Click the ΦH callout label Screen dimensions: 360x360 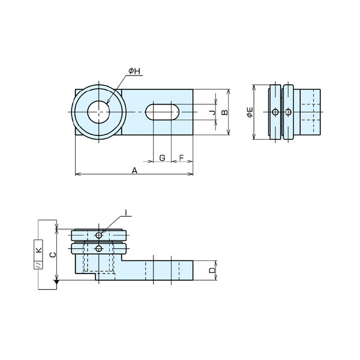(x=134, y=71)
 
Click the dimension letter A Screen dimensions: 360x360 (x=134, y=170)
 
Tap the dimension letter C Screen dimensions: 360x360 (x=53, y=254)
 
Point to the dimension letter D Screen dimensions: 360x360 (x=212, y=270)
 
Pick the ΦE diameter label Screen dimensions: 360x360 (x=250, y=112)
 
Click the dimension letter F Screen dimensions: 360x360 (x=181, y=158)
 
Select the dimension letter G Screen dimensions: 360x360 (x=162, y=158)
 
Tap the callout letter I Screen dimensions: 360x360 (x=125, y=213)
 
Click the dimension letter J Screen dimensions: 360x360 (x=213, y=112)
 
